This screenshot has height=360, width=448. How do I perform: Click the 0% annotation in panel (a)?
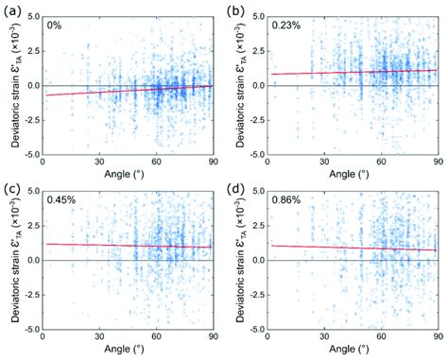(55, 26)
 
